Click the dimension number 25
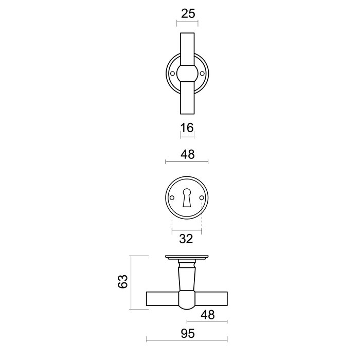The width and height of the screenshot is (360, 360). (x=189, y=14)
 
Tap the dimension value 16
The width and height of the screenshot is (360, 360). (x=187, y=128)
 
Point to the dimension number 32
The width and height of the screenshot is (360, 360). (x=187, y=238)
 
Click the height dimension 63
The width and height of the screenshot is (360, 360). (x=123, y=282)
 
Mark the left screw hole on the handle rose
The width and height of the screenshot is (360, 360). (x=172, y=74)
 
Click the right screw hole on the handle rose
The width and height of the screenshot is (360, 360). (x=202, y=74)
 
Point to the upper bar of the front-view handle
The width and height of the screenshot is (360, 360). (x=187, y=49)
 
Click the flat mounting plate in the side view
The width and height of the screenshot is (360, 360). (x=187, y=257)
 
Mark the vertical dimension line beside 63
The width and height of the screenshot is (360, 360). (x=132, y=282)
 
